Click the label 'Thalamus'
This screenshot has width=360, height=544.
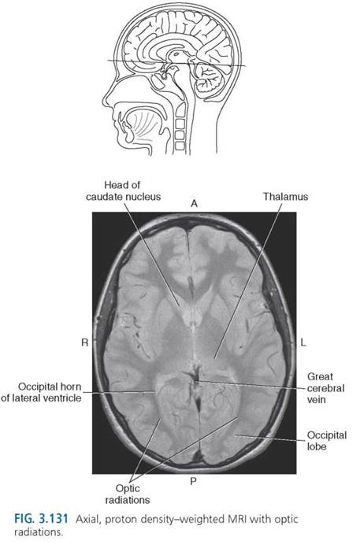click(285, 197)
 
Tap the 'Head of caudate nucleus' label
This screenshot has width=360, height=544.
click(123, 191)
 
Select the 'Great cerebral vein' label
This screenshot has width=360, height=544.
click(325, 388)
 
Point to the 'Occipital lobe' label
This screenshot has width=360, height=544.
click(327, 441)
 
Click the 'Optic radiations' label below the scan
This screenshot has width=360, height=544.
click(128, 494)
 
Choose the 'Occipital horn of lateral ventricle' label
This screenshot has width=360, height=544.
click(41, 392)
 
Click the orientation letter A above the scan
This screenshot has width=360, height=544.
click(194, 203)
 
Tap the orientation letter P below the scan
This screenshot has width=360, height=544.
click(193, 481)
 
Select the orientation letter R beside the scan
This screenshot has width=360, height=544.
click(85, 342)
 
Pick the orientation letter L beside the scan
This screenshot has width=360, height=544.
click(303, 342)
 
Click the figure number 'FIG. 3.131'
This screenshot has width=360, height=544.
click(41, 519)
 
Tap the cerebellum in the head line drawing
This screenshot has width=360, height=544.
click(208, 79)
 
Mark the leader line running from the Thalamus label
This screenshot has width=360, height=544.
click(248, 280)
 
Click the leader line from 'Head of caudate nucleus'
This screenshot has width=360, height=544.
click(152, 254)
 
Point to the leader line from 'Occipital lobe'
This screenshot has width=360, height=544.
click(270, 439)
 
